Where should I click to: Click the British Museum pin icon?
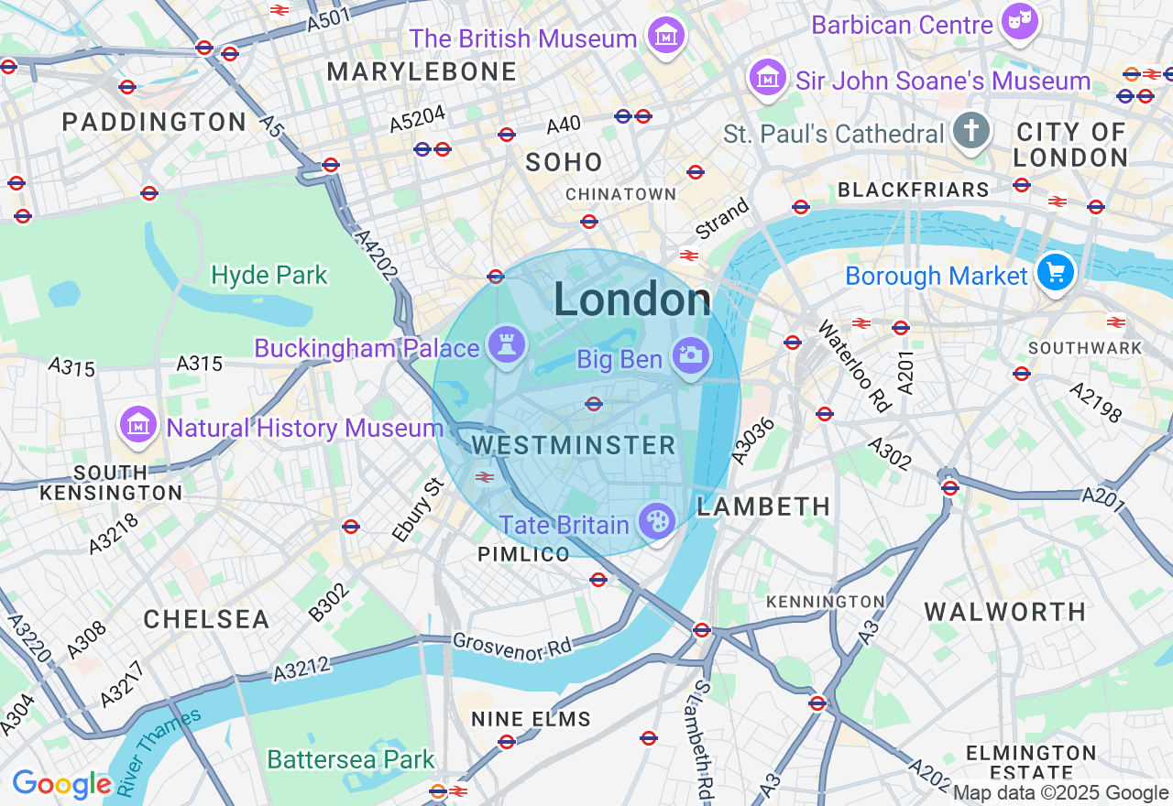tap(666, 37)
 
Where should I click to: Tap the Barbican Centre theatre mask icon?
tap(1019, 23)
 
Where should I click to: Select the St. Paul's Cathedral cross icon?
tap(970, 132)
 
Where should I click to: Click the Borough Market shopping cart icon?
tap(1056, 272)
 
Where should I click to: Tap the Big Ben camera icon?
tap(690, 356)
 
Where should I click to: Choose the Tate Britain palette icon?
tap(656, 523)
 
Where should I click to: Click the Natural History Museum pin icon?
tap(137, 425)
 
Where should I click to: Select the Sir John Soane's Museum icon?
tap(768, 79)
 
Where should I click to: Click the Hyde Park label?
tap(269, 275)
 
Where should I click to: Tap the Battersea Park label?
tap(351, 759)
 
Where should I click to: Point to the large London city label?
tap(631, 300)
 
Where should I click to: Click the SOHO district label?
tap(564, 162)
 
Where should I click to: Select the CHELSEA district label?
tap(206, 619)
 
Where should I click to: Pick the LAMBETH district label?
tap(763, 506)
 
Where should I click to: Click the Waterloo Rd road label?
tap(854, 366)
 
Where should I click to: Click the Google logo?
tap(61, 784)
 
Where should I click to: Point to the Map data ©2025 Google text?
tap(1060, 793)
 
